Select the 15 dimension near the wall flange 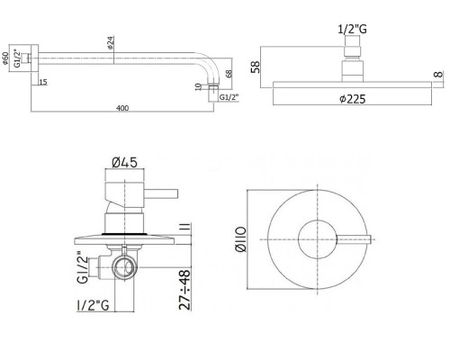[x=43, y=84]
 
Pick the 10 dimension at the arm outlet [x=196, y=87]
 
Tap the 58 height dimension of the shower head [x=258, y=67]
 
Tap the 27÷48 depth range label [x=184, y=288]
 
